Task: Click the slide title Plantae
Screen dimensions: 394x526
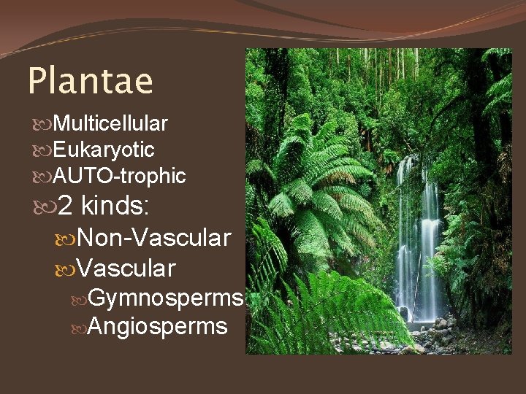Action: tap(90, 82)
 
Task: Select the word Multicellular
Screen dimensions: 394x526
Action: tap(111, 123)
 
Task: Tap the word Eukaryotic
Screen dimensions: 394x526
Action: tap(104, 150)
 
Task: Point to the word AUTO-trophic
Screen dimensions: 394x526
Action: tap(120, 176)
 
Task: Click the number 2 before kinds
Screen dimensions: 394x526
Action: tap(65, 206)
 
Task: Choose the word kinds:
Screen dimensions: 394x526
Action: tap(116, 206)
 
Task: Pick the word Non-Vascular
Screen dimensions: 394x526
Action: tap(154, 237)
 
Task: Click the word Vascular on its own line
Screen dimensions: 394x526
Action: tap(126, 268)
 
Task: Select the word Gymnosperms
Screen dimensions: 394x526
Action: tap(164, 298)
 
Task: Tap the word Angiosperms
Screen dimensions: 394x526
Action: tap(157, 326)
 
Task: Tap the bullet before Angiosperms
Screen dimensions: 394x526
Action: tap(80, 327)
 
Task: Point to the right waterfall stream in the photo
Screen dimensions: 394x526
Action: tap(430, 241)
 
